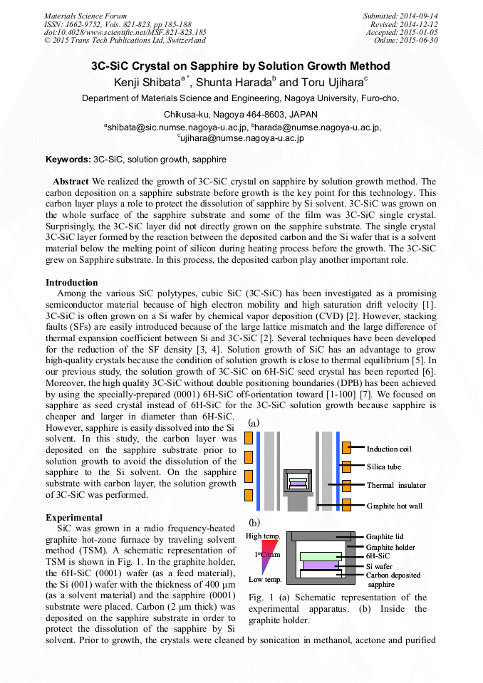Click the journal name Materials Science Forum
(x=85, y=16)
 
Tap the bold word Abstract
(x=71, y=182)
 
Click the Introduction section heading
(x=72, y=283)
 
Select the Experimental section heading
(x=74, y=517)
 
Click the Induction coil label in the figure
(x=389, y=449)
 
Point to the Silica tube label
(x=384, y=467)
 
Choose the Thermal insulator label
(x=396, y=486)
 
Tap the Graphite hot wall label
(x=396, y=506)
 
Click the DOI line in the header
(x=125, y=32)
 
